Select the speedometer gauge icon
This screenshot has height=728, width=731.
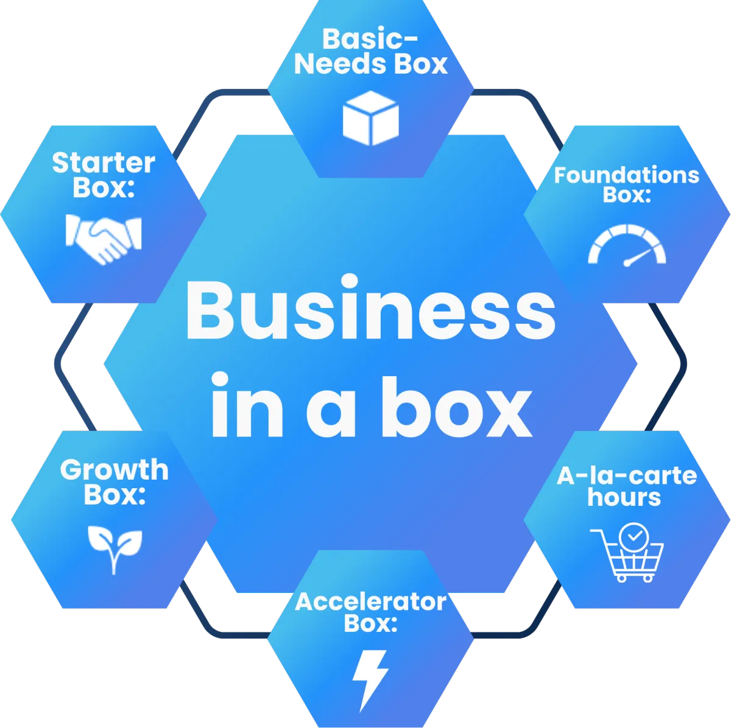tap(627, 245)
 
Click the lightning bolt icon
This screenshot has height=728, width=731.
tap(370, 679)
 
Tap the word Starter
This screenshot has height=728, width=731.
tap(104, 163)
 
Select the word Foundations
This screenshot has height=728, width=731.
tap(627, 175)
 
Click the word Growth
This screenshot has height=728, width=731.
tap(115, 471)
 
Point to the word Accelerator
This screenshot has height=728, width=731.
tap(370, 602)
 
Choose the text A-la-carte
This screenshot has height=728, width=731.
tap(627, 475)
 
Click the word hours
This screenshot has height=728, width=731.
tap(624, 497)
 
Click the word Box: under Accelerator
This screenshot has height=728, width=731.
tap(370, 623)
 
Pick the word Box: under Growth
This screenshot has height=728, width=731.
tap(115, 494)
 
